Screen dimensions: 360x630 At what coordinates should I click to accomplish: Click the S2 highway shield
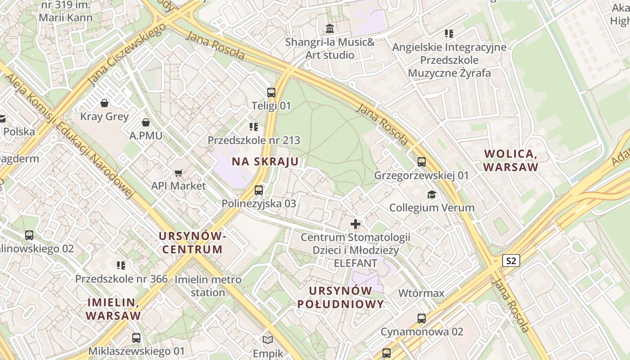[511, 261]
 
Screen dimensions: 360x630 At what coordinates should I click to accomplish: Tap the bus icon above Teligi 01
[271, 93]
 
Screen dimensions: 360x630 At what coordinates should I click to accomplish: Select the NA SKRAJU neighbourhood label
[265, 162]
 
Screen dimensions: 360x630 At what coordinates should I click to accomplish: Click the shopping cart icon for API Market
[179, 173]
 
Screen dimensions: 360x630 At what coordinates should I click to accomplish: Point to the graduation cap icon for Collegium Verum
[432, 194]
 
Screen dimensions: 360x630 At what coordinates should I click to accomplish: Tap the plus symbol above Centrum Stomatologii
[355, 224]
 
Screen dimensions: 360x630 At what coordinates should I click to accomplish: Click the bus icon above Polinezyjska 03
[259, 190]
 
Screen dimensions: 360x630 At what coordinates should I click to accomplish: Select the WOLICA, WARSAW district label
[511, 160]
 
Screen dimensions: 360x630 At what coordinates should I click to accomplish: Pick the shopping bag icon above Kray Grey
[104, 103]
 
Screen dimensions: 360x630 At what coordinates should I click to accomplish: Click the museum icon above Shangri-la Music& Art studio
[330, 29]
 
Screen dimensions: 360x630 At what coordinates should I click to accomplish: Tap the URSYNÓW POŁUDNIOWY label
[341, 297]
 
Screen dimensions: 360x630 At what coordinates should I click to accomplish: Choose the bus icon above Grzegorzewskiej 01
[422, 162]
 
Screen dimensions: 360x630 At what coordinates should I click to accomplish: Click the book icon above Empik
[268, 340]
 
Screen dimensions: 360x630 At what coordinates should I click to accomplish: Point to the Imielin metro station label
[207, 286]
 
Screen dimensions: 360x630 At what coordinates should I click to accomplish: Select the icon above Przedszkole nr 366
[121, 265]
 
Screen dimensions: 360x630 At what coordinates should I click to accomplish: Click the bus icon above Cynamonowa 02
[422, 319]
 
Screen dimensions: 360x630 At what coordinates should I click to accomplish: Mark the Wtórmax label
[421, 293]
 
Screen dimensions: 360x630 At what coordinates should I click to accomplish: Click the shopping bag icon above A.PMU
[146, 122]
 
